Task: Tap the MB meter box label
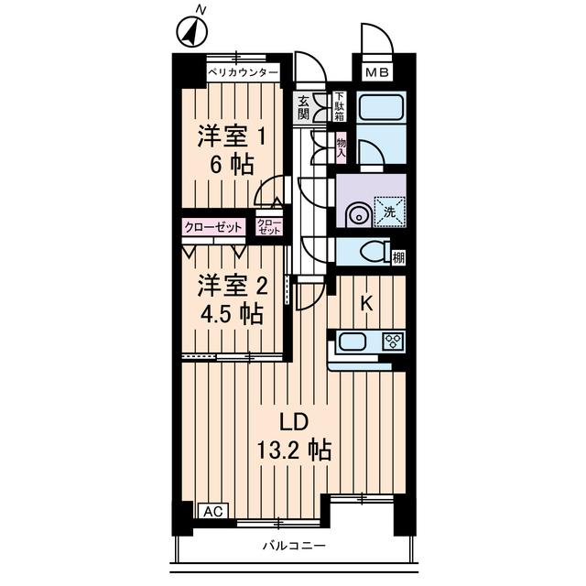[x=377, y=72]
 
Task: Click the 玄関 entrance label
[x=304, y=107]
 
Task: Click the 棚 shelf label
[x=398, y=256]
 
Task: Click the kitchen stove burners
[x=394, y=342]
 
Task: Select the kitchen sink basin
[x=352, y=343]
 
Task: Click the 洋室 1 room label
[x=233, y=135]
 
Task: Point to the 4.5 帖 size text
[x=231, y=314]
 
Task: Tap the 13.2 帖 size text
[x=292, y=450]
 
